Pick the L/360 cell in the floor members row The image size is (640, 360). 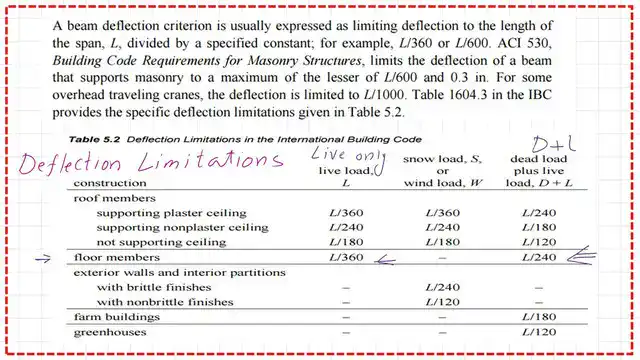(x=345, y=257)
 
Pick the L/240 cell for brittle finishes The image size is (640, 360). (x=442, y=287)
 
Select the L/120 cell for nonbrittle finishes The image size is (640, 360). (x=442, y=301)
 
